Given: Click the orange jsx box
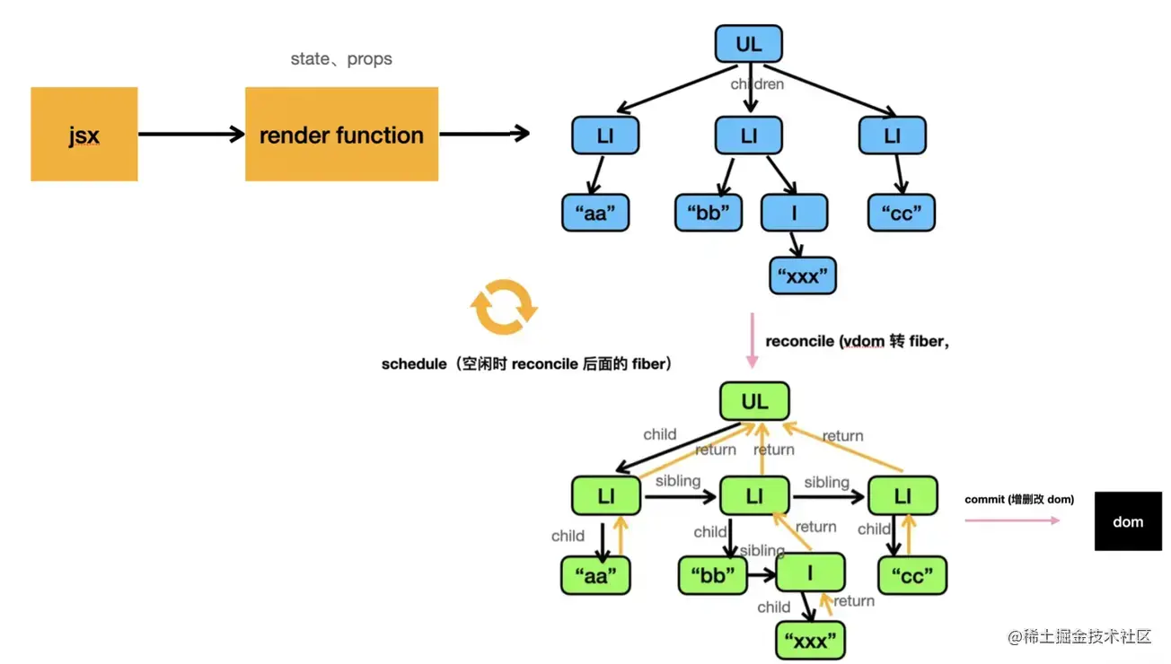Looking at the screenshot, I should point(84,135).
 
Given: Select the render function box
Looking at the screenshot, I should point(341,135).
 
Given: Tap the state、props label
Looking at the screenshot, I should point(341,59).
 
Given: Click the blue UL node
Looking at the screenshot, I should point(749,44).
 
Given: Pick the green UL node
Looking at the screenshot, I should point(754,401).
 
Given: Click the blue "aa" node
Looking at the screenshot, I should point(595,213).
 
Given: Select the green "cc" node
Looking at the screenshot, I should point(911,575).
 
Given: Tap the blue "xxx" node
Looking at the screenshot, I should point(803,275).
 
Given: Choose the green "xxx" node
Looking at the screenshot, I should point(811,640).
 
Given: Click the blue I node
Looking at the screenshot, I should point(794,213).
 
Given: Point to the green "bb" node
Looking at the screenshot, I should point(713,575).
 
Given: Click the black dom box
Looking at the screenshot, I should point(1128,521).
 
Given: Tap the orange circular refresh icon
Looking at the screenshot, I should point(504,307).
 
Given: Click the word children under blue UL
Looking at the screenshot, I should point(757,84).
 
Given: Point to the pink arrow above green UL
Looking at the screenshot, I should point(752,340).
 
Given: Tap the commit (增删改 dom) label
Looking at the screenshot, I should point(1019,499).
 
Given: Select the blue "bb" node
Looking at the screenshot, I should point(709,213).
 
